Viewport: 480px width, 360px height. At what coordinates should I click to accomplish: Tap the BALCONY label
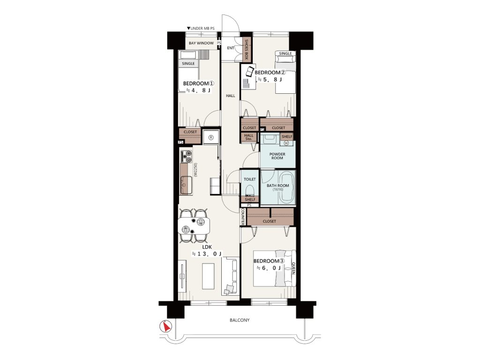240,320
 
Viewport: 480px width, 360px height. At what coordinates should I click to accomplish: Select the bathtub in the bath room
286,187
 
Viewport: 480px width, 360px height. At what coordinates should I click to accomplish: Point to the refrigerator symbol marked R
210,138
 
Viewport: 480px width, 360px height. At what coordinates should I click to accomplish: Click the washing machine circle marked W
286,143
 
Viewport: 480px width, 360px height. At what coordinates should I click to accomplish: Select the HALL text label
231,96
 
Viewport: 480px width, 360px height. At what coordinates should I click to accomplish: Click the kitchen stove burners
186,156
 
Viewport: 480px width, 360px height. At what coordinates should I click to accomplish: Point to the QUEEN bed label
293,268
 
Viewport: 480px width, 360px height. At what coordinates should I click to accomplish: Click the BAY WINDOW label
201,43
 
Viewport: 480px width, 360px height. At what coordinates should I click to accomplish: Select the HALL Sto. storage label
249,137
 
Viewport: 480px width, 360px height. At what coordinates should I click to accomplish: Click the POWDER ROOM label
277,156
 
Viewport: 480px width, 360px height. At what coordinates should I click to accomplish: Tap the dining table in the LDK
194,225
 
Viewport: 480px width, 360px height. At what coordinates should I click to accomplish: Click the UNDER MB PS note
201,29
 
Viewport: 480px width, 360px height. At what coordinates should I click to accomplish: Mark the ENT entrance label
231,48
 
